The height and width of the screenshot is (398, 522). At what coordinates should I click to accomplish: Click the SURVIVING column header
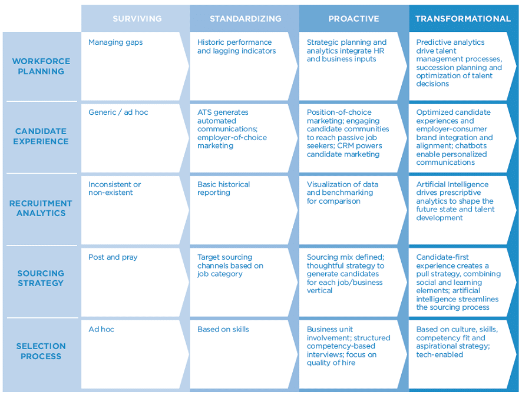point(137,19)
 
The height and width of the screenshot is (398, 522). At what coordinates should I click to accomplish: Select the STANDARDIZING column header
point(246,19)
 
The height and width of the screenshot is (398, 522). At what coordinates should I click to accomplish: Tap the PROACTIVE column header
point(354,19)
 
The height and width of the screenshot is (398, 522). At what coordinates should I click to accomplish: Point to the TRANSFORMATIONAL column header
point(463,19)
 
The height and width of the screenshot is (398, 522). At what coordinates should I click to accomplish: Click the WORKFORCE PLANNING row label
point(41,66)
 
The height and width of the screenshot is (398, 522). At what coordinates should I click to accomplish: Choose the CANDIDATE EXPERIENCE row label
point(41,136)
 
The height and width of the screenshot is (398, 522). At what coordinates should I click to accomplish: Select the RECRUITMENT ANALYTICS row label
point(41,208)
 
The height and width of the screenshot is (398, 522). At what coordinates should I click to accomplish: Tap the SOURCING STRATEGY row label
point(41,278)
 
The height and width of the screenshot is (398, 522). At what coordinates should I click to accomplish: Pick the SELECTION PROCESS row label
point(41,351)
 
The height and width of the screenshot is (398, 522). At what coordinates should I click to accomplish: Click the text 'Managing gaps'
point(115,42)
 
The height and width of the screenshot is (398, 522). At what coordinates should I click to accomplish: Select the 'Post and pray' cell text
point(113,257)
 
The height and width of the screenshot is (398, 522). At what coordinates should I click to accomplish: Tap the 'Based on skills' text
point(223,329)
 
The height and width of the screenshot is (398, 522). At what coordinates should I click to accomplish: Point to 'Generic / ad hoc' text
point(118,112)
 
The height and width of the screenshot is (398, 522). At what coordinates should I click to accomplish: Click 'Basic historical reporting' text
point(223,188)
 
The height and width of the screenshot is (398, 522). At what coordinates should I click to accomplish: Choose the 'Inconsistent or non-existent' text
point(114,188)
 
